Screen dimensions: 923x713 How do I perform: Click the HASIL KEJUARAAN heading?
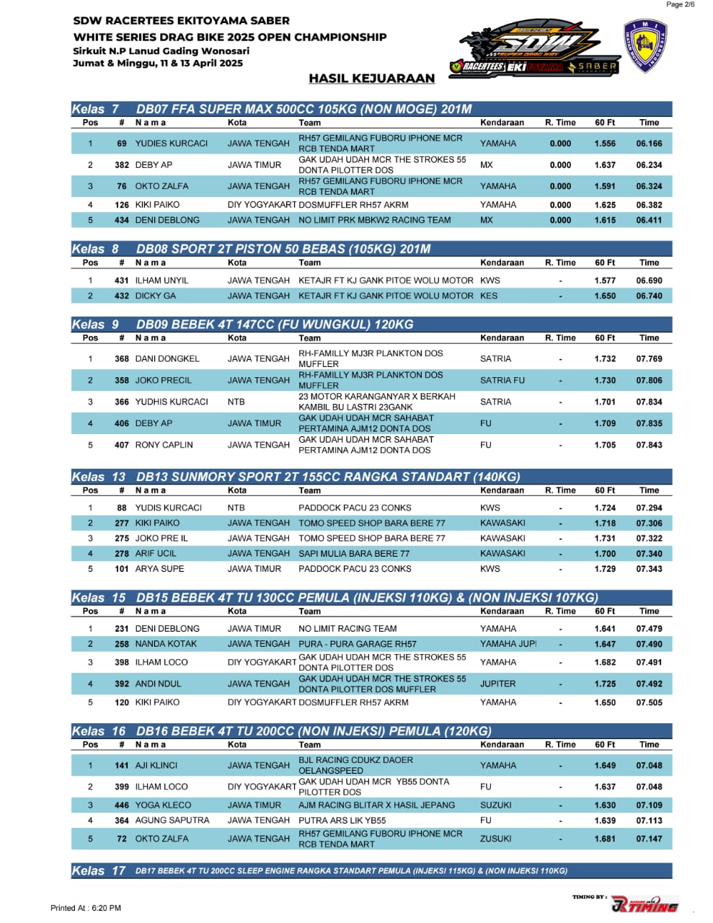(371, 79)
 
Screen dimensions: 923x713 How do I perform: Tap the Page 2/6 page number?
(681, 4)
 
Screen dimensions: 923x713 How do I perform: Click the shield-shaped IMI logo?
(645, 46)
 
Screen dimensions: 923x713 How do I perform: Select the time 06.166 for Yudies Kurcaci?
(649, 143)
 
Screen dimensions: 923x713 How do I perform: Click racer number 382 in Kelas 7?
(122, 165)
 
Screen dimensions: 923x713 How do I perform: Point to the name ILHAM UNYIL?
(161, 281)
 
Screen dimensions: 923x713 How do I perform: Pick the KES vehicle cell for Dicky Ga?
(489, 296)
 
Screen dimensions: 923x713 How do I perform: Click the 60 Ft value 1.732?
(605, 358)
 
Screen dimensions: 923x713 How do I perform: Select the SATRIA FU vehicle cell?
(502, 380)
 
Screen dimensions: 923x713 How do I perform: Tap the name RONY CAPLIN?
(164, 445)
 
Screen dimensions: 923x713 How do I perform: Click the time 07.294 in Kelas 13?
(649, 508)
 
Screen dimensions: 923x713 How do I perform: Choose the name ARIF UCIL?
(156, 554)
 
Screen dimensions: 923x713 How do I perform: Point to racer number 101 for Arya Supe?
(122, 569)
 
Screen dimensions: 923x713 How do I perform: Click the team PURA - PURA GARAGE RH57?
(358, 644)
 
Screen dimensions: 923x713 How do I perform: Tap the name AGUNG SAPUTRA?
(172, 821)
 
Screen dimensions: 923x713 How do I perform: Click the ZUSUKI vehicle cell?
(496, 839)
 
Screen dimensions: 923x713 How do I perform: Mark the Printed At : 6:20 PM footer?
(86, 908)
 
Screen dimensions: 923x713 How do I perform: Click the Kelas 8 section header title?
(283, 249)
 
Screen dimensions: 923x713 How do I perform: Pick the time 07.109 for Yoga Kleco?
(649, 805)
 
